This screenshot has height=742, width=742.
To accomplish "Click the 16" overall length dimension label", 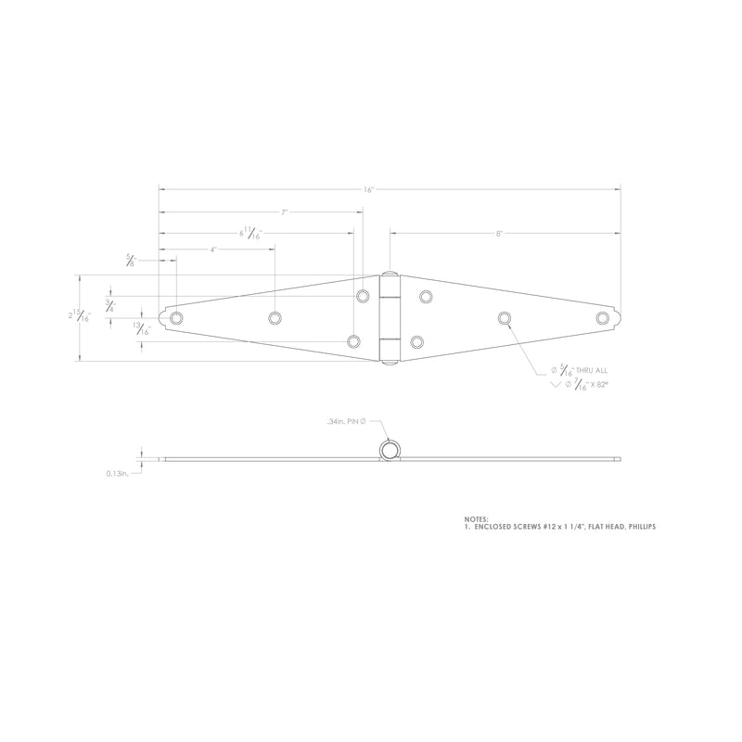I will point(368,189).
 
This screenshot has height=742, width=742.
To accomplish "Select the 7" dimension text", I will point(285,212).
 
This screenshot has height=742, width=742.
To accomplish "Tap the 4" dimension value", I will point(213,250).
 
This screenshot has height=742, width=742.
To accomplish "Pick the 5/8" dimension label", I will point(131,262).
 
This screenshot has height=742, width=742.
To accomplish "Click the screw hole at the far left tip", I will point(176,318).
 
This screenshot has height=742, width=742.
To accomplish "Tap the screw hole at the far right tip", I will point(603,318).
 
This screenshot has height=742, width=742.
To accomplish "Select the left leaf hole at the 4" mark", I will point(275,318).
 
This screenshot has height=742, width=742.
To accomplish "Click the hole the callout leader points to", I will point(505,318).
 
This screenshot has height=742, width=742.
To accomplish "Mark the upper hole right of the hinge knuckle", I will point(426,297).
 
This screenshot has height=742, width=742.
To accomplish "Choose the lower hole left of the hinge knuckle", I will point(353,341).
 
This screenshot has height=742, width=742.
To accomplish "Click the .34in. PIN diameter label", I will point(348,422).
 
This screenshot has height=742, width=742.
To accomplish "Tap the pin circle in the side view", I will point(390,451).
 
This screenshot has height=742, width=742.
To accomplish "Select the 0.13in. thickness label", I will point(117,473).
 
